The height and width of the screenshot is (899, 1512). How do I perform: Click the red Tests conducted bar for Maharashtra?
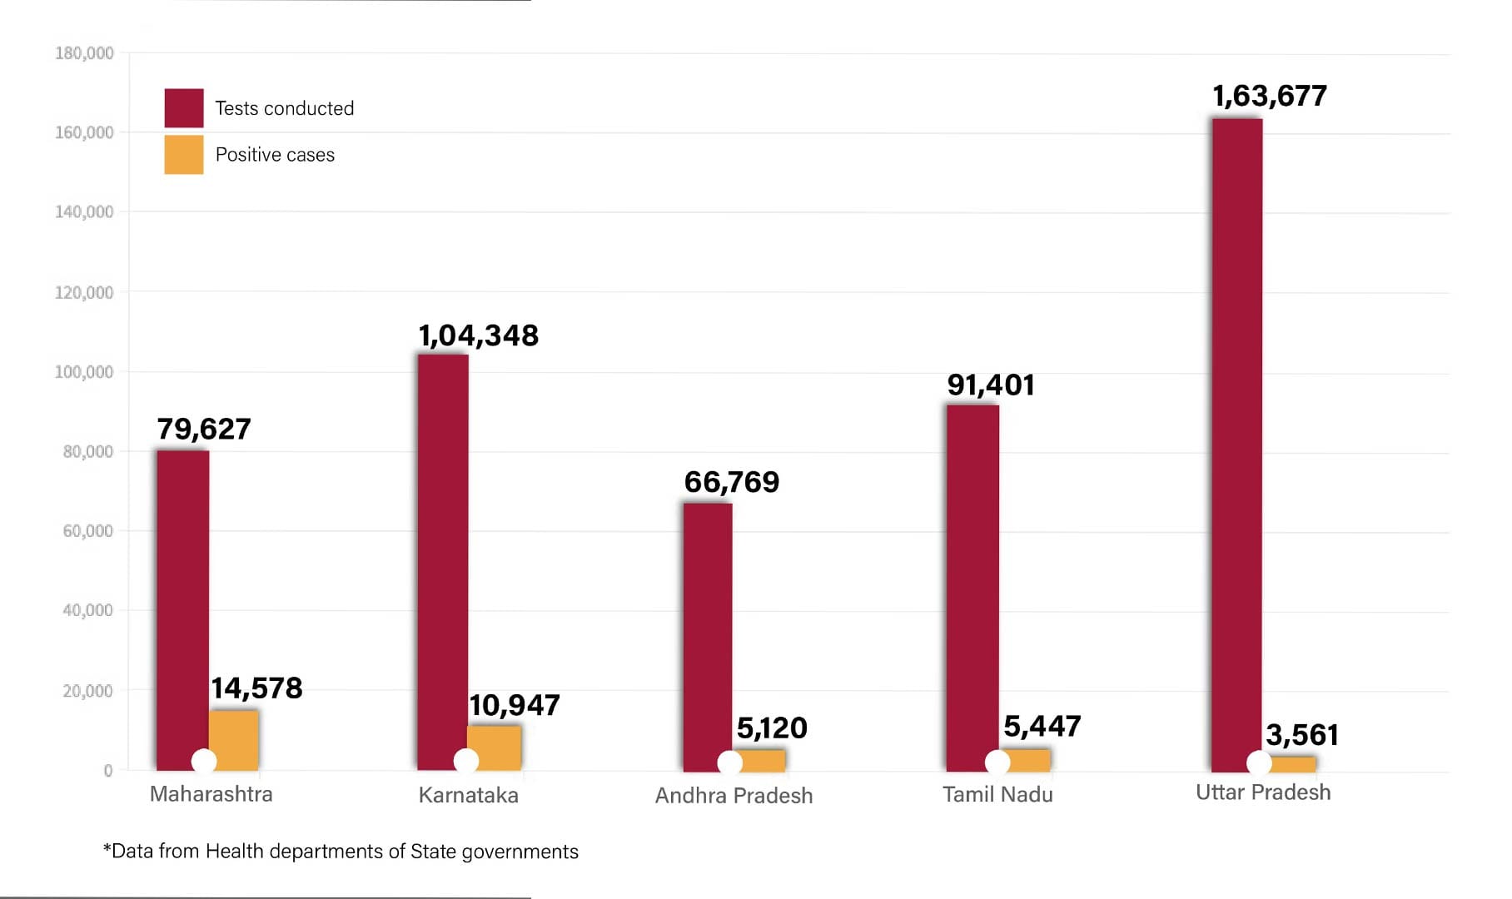click(182, 608)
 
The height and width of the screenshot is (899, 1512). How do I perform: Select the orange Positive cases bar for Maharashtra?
click(234, 737)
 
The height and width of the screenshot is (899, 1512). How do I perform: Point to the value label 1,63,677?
click(1270, 97)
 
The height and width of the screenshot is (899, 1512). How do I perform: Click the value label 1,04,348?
click(478, 335)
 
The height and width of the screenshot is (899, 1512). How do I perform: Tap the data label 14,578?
click(256, 688)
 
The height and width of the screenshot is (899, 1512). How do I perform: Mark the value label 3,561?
click(1302, 735)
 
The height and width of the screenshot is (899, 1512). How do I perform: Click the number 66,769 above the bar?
click(732, 482)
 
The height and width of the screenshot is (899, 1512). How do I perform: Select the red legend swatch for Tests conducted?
click(184, 108)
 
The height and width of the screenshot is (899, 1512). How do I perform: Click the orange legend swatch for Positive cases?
click(184, 155)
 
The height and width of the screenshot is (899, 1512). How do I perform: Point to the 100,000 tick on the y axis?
click(84, 372)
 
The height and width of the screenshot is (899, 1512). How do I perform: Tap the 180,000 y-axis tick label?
click(84, 53)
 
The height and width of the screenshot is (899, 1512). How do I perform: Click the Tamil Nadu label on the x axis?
click(997, 795)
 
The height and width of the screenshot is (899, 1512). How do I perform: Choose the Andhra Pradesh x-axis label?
click(734, 796)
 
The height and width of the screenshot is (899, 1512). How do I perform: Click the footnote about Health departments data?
click(341, 852)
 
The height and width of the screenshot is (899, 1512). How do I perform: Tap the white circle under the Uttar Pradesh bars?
click(1259, 762)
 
